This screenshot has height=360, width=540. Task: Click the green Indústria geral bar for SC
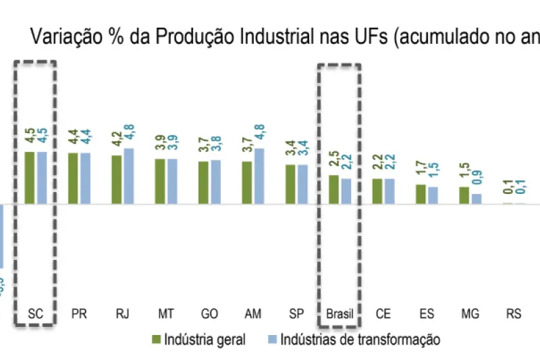(30, 178)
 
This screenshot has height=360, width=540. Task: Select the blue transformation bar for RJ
(129, 176)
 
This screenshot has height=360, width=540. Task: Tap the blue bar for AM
(259, 176)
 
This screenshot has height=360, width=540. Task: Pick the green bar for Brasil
(333, 190)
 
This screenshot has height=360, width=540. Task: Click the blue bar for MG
(477, 199)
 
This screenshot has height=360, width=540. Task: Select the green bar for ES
(421, 194)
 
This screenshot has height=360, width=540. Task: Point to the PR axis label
(79, 314)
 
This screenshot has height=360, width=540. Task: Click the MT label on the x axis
(165, 314)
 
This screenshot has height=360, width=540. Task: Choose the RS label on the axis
(514, 314)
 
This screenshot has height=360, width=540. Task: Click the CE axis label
(383, 314)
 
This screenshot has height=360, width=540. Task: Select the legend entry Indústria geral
(200, 339)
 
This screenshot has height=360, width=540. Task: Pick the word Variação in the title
(60, 38)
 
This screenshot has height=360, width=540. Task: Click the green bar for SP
(290, 184)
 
